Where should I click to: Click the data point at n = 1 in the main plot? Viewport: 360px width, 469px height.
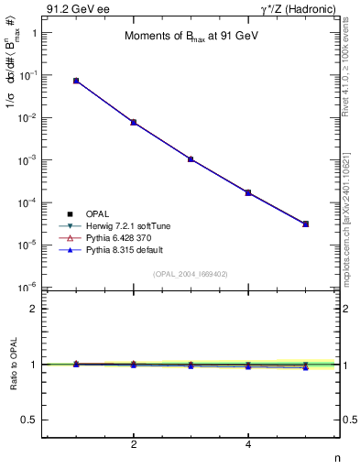(76, 81)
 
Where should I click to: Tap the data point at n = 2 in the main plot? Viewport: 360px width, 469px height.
(134, 122)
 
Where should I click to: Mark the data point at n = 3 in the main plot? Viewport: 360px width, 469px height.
(191, 158)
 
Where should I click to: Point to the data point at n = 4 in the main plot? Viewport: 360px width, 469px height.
(248, 192)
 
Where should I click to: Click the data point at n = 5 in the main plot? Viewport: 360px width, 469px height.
(306, 224)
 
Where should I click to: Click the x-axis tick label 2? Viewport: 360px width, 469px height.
(134, 446)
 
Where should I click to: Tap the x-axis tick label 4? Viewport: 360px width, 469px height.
(248, 446)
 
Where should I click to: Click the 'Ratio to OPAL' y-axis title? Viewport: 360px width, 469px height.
(13, 365)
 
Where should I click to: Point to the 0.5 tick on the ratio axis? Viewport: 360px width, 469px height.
(34, 420)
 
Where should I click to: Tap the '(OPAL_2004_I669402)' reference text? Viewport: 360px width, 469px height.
(191, 273)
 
